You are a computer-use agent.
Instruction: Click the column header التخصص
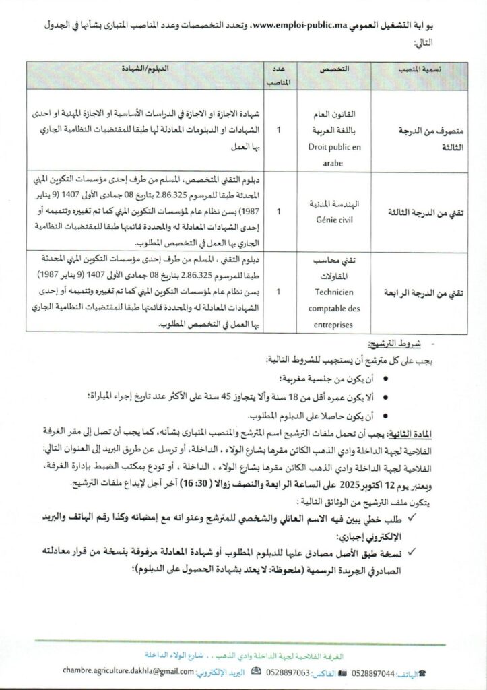[328, 69]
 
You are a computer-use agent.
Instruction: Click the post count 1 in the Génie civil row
[279, 211]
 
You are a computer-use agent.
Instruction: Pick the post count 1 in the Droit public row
[279, 129]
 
